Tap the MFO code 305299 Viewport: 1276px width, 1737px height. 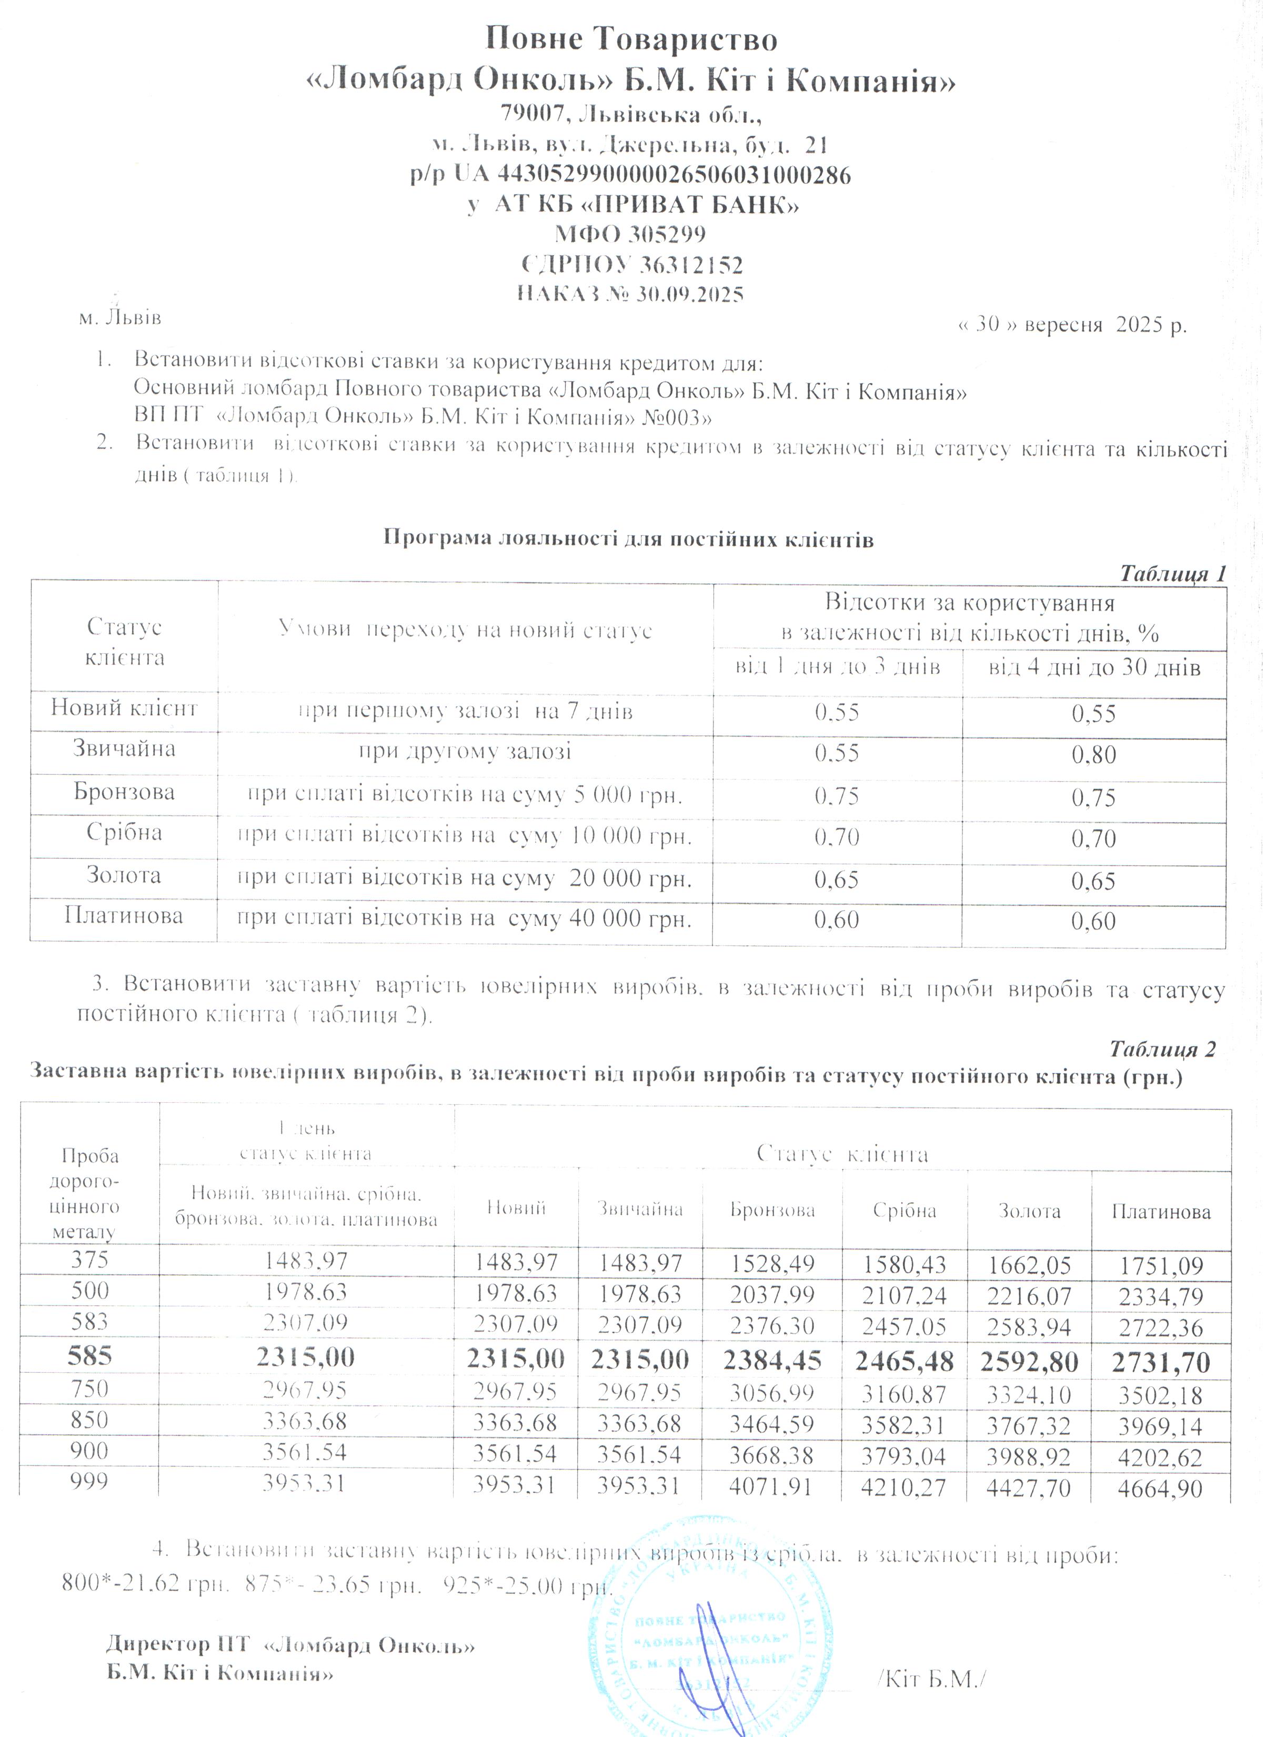(667, 233)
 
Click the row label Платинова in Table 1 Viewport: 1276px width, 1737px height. (124, 916)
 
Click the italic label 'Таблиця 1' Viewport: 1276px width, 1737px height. (1172, 574)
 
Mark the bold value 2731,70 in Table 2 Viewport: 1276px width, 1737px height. (1161, 1362)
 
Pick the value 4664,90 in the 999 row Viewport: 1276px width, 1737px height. (1160, 1488)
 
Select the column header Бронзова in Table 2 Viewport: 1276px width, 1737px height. (772, 1210)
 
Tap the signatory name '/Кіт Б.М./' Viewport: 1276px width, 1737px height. (933, 1679)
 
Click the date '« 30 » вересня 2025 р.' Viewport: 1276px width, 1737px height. (1072, 325)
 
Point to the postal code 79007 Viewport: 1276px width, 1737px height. (530, 114)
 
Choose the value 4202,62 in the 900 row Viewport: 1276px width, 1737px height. (1160, 1458)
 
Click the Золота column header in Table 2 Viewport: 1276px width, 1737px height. (1029, 1211)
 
